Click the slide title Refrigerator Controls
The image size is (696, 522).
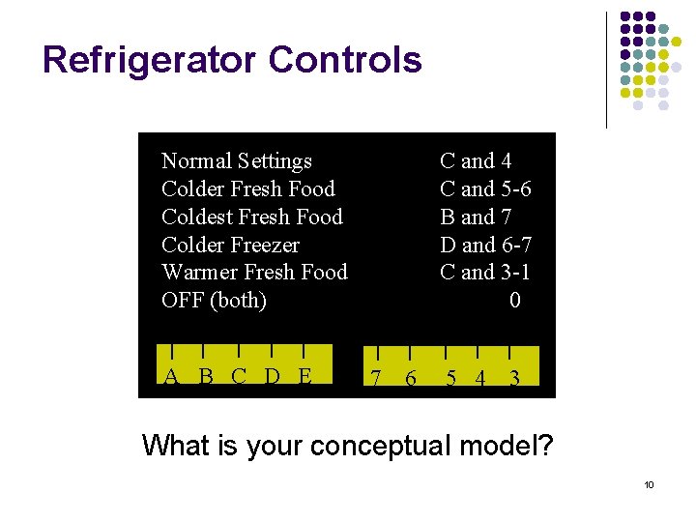coord(232,60)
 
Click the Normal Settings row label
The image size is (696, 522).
coord(237,160)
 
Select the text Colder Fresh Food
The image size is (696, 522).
coord(248,188)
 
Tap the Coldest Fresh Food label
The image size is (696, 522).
coord(252,217)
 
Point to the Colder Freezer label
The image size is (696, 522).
coord(231,245)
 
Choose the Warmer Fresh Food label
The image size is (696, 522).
coord(254,273)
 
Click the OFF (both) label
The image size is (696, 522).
coord(215,301)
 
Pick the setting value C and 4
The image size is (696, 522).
coord(476,160)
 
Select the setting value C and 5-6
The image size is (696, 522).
coord(485,188)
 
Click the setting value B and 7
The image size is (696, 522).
coord(476,217)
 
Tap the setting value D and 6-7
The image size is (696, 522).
coord(485,245)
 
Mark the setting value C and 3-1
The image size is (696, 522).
coord(485,273)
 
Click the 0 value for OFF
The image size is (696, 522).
coord(514,301)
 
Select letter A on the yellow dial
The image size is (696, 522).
coord(171,377)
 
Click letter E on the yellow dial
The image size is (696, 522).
coord(304,376)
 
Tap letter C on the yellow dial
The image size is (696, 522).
coord(239,376)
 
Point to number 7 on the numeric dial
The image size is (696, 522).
coord(375,379)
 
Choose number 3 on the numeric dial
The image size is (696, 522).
coord(514,379)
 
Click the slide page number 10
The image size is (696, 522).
coord(649,484)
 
